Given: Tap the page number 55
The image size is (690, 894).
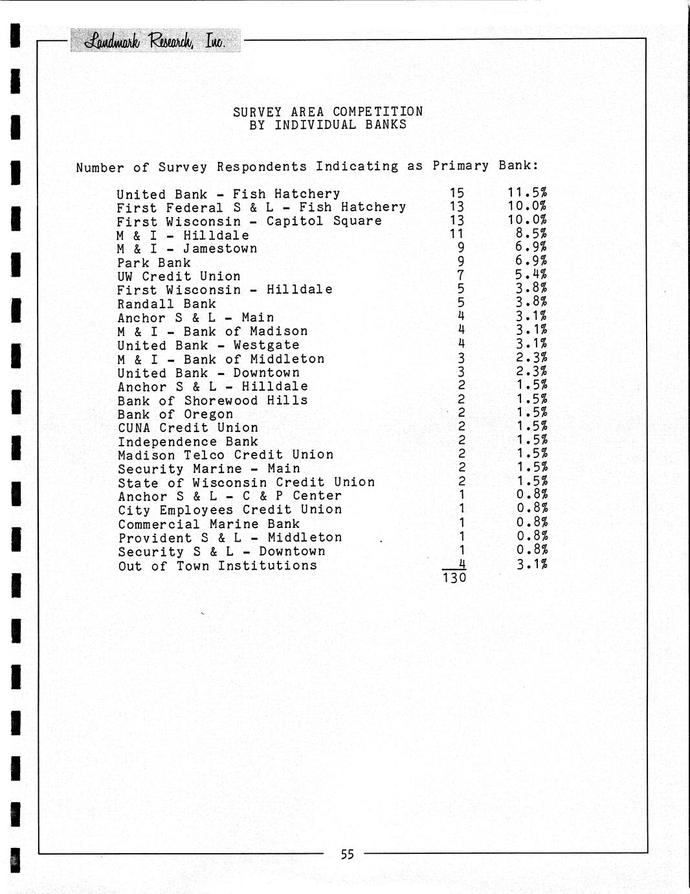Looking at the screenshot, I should [348, 854].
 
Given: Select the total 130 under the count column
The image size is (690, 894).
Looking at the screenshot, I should [454, 577].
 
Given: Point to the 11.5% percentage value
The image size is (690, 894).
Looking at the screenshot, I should [528, 193].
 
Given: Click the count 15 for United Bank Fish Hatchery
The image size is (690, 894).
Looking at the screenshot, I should [457, 193].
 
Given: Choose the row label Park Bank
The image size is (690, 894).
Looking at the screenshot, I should [154, 262].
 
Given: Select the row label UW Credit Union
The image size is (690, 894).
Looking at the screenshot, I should [179, 277].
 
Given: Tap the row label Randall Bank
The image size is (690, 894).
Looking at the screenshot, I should [166, 304].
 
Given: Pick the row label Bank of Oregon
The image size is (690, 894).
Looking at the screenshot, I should [175, 414].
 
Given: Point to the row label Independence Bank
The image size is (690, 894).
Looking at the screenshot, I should [188, 441].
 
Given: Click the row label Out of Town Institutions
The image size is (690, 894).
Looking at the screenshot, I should [217, 566].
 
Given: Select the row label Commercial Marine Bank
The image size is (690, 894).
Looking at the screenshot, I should [208, 524].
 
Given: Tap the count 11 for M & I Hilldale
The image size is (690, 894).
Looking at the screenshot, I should [457, 235].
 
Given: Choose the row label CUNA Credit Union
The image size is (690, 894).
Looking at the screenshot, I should [188, 428].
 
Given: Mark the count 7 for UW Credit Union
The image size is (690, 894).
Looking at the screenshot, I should [461, 276].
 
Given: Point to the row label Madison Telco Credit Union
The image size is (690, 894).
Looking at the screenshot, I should [225, 455].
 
